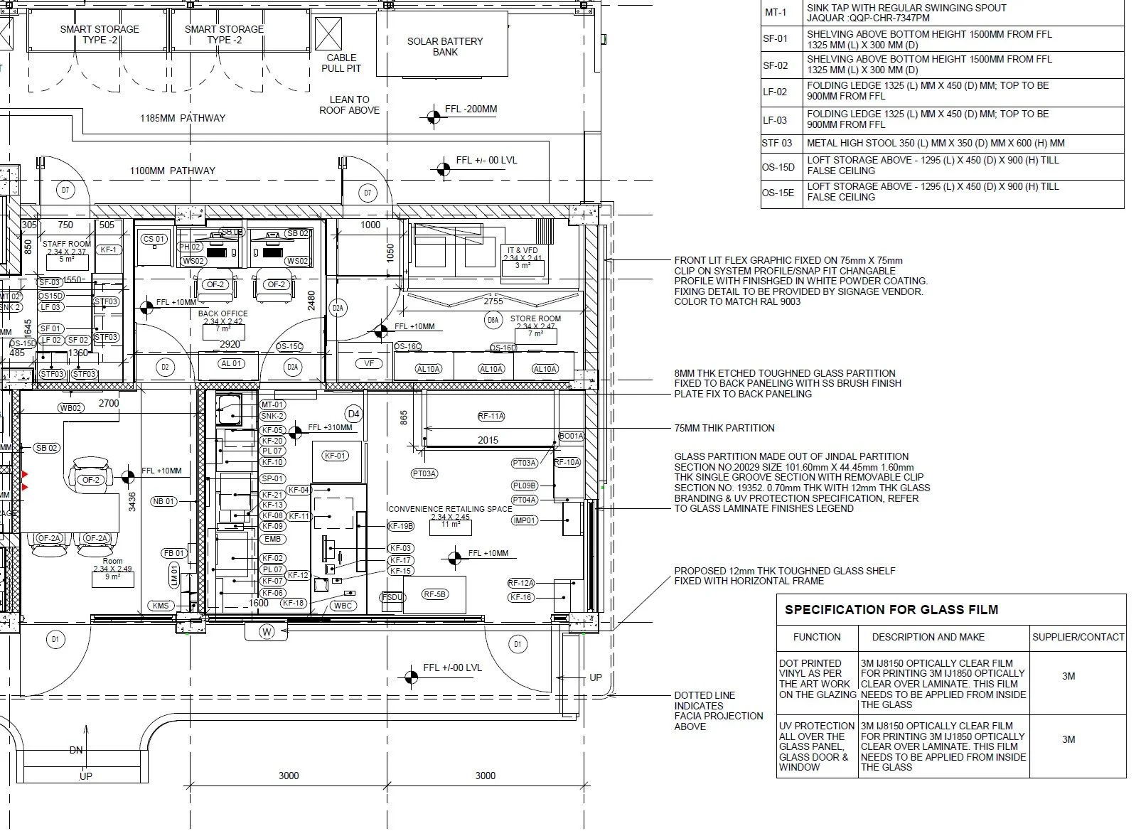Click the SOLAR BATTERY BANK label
(444, 46)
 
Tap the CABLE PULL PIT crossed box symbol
(328, 33)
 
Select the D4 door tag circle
(353, 414)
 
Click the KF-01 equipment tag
(335, 456)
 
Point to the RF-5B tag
(434, 594)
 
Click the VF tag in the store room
(368, 363)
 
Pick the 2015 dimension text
(488, 440)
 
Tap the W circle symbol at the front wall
(267, 631)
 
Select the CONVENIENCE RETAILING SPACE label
(450, 509)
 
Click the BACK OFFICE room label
(223, 313)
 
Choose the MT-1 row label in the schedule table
(776, 13)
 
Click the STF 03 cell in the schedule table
(777, 143)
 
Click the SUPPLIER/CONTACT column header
(1078, 637)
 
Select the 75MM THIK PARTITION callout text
(724, 428)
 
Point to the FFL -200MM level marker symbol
(434, 116)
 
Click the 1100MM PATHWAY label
(172, 171)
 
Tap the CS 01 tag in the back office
(154, 239)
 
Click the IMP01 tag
(525, 520)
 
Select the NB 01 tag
(164, 501)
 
